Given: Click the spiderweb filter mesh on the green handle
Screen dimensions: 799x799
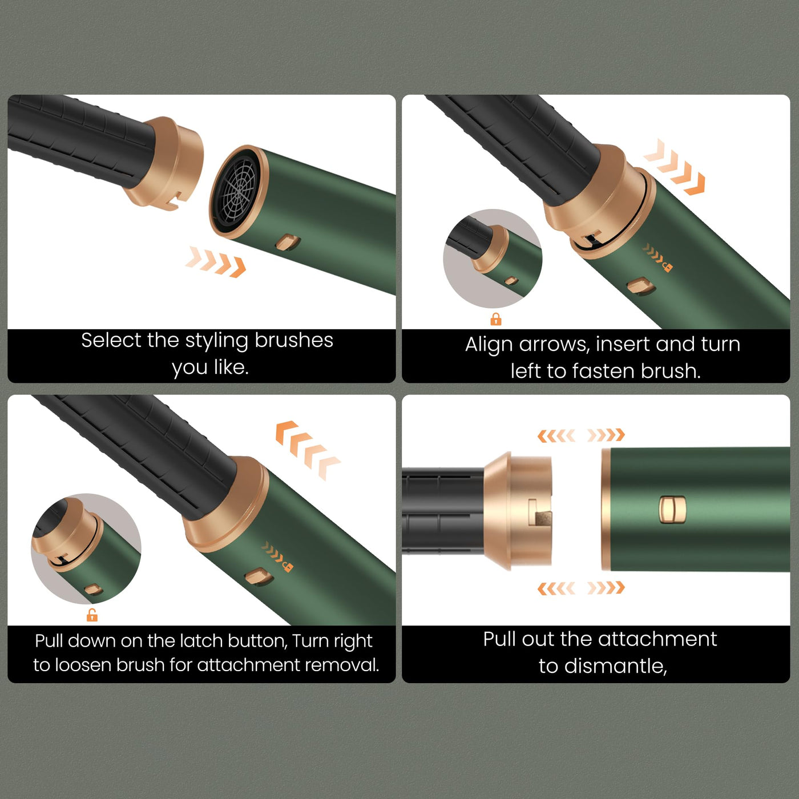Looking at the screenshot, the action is click(x=236, y=191).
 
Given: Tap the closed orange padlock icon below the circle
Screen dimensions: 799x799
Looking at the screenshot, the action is click(x=496, y=319).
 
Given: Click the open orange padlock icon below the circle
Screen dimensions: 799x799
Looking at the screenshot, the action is click(x=92, y=615).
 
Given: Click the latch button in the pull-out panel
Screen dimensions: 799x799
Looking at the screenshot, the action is click(x=672, y=510).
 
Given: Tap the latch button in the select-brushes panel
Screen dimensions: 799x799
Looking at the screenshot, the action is click(x=287, y=242).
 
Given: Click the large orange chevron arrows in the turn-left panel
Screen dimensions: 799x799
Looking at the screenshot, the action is click(x=674, y=168).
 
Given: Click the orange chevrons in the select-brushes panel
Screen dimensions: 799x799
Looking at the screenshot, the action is click(x=216, y=261).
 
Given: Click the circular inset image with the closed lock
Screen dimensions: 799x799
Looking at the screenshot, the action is click(x=493, y=259).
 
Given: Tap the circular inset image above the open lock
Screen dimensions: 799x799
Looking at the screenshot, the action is click(x=86, y=548).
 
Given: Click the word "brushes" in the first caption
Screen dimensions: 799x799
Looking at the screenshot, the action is click(x=293, y=340).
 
